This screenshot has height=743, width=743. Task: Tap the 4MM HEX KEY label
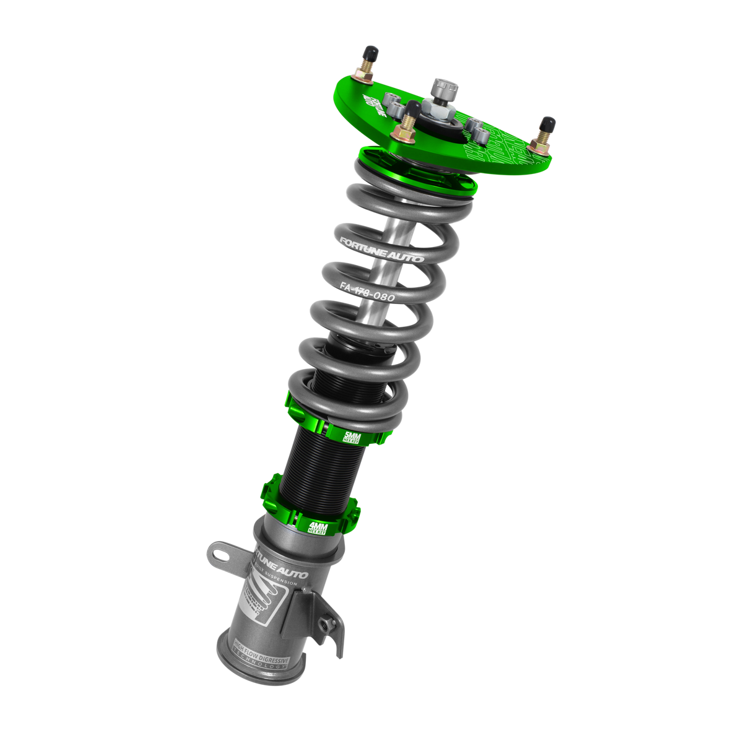pos(319,528)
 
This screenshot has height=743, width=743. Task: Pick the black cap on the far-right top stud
pos(547,122)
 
